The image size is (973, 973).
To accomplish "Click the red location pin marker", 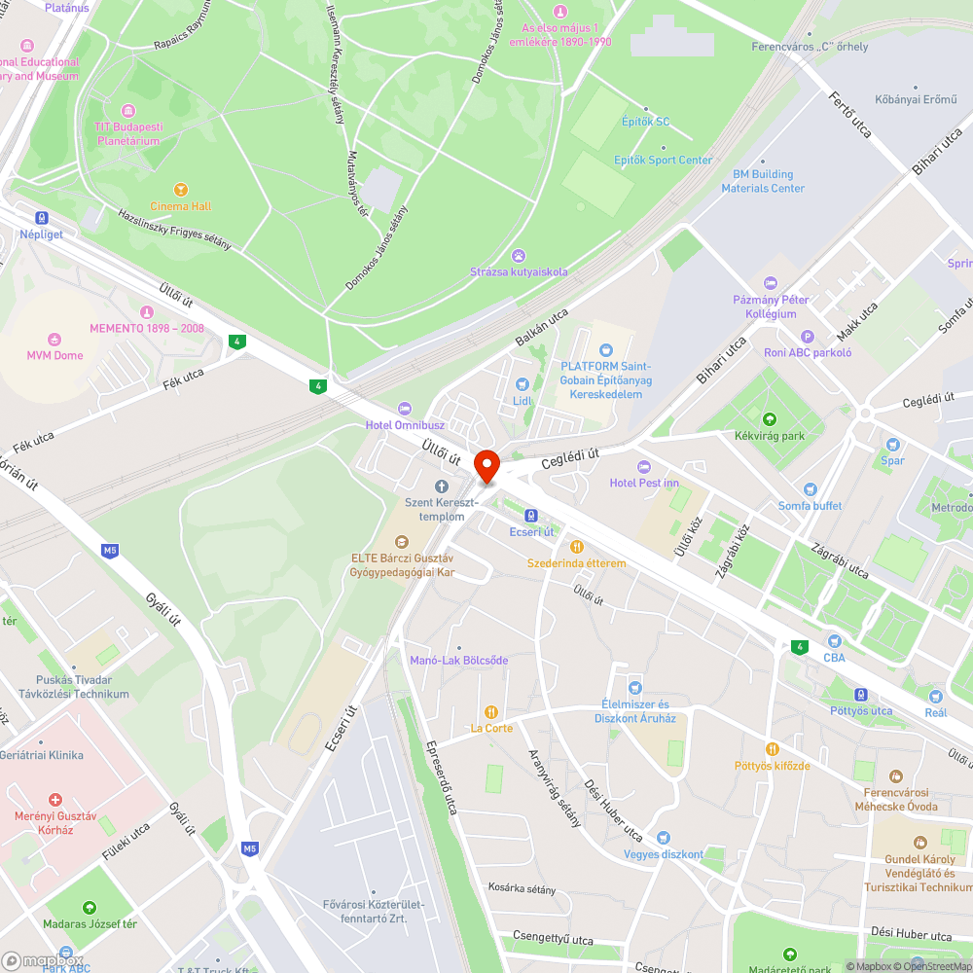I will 486,466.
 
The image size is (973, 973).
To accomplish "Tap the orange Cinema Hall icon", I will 180,190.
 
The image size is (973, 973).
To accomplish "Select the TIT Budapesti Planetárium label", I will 128,133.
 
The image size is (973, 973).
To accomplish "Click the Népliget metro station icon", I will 41,218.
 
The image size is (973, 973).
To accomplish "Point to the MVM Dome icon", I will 54,340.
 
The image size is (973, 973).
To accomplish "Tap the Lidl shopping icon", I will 523,384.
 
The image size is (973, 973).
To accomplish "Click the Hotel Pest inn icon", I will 643,467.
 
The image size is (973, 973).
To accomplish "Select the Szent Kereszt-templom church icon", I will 441,486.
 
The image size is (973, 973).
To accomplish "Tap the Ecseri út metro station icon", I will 531,515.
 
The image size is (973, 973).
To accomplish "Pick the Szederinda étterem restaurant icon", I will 576,547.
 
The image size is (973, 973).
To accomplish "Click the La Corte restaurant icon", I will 491,711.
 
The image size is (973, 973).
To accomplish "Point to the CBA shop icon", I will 834,640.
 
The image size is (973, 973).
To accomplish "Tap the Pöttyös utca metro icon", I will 860,695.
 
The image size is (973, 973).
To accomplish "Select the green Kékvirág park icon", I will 771,419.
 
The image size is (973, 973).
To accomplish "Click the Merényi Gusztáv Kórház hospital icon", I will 55,799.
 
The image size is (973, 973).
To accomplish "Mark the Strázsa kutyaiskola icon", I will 518,255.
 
